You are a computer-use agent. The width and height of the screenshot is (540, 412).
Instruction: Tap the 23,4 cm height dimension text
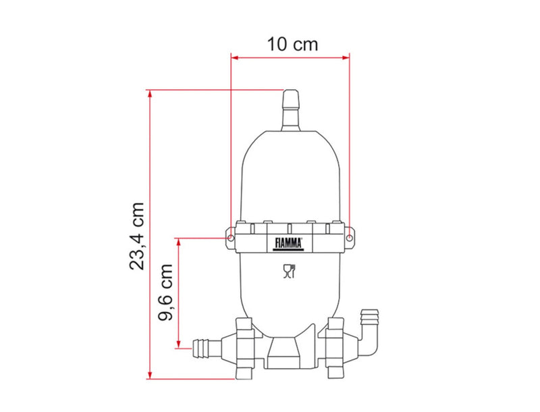point(137,235)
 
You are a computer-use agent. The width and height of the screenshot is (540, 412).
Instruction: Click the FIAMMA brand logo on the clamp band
point(290,244)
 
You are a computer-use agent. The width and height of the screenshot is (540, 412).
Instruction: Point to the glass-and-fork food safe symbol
point(290,272)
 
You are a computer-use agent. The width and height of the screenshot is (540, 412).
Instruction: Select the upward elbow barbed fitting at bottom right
point(369,331)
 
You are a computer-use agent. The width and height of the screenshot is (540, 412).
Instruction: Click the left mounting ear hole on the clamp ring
point(231,237)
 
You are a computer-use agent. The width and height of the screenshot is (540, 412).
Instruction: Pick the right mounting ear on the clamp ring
point(350,236)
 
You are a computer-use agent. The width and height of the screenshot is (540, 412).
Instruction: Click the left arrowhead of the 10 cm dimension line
point(234,59)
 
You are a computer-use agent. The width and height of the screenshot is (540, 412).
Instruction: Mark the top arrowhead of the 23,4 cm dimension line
point(150,93)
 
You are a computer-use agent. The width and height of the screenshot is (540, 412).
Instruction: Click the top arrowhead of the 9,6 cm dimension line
point(178,241)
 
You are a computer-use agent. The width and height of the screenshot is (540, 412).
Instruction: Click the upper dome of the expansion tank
point(290,176)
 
